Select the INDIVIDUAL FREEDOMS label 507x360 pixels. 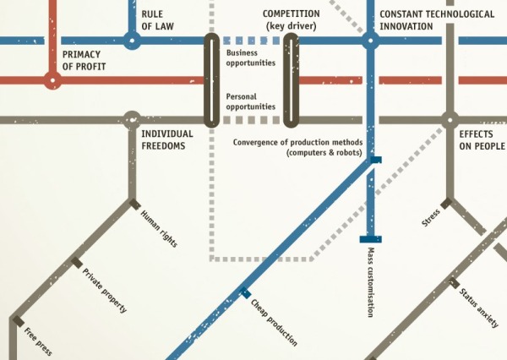tap(166, 139)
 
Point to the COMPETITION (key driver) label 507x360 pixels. tap(292, 20)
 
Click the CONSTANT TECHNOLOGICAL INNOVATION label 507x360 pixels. tap(437, 20)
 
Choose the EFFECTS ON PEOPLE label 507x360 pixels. tap(482, 139)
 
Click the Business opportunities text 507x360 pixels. tap(252, 57)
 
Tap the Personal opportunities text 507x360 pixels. tap(252, 101)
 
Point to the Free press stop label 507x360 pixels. tap(38, 341)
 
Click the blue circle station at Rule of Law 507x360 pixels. tap(131, 39)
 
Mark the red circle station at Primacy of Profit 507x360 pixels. tap(52, 81)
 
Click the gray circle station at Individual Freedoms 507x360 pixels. tap(131, 120)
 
